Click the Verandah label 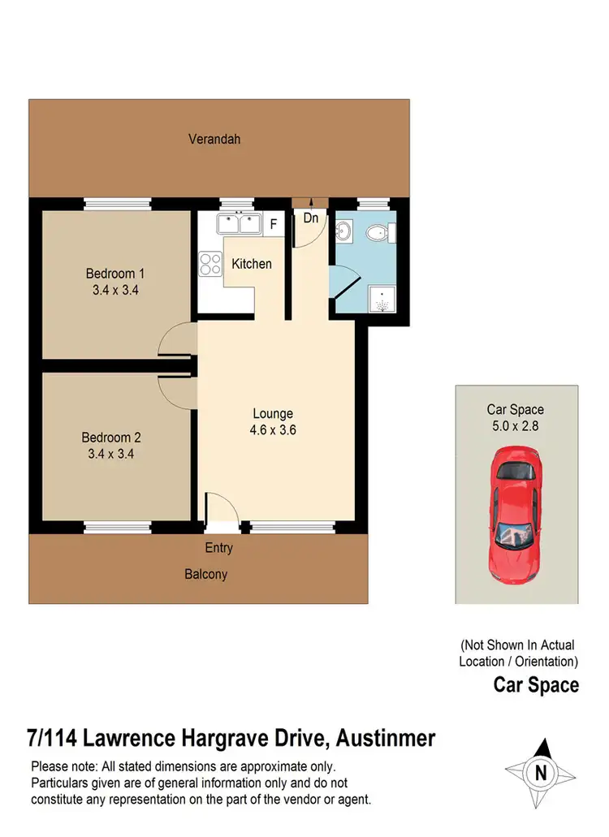[214, 139]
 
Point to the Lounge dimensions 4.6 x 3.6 [273, 430]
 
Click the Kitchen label [252, 264]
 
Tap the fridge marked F [274, 223]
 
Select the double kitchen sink [237, 223]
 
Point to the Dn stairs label [311, 218]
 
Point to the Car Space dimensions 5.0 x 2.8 [515, 425]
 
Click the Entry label [218, 548]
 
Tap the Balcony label [205, 574]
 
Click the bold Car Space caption [536, 685]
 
